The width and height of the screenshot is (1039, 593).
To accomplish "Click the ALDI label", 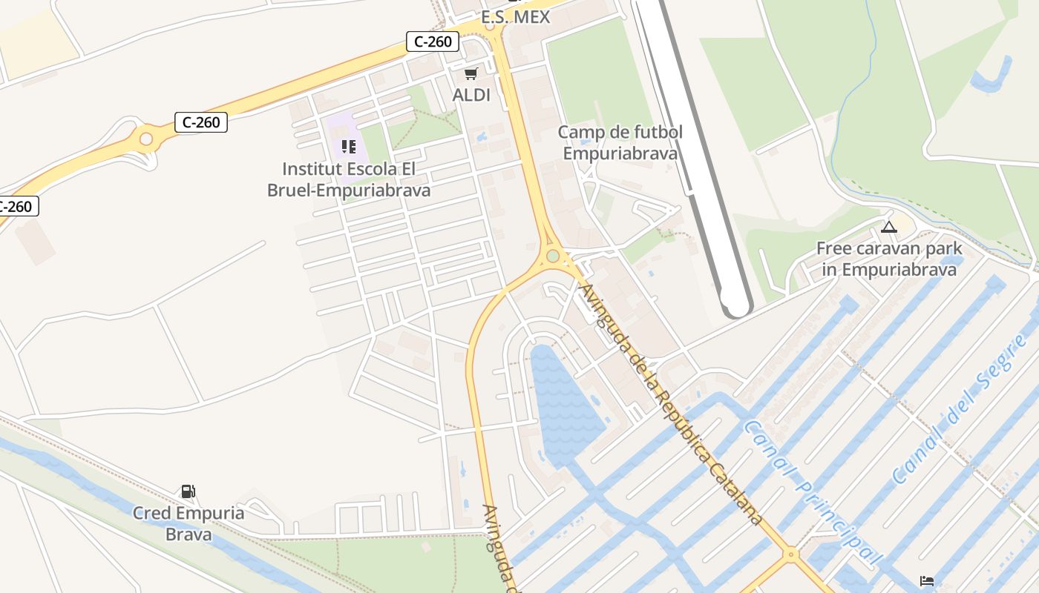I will pyautogui.click(x=471, y=95).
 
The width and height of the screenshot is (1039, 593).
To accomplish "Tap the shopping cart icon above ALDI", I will pyautogui.click(x=471, y=73).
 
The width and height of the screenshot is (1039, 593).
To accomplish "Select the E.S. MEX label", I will pyautogui.click(x=516, y=17).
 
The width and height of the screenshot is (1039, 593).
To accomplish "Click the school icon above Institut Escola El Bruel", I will pyautogui.click(x=349, y=147).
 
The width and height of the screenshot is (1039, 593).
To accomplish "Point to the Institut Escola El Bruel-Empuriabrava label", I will pyautogui.click(x=349, y=180).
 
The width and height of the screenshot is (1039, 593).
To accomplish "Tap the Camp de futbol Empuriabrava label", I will pyautogui.click(x=620, y=143).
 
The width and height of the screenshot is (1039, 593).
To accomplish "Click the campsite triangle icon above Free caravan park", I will pyautogui.click(x=889, y=227).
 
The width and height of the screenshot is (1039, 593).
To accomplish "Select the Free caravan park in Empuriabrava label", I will pyautogui.click(x=889, y=259).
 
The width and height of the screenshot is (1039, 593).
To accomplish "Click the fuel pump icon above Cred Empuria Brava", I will pyautogui.click(x=188, y=491).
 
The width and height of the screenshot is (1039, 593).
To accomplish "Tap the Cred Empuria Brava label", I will pyautogui.click(x=189, y=523).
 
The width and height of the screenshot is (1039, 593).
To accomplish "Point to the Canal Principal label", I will pyautogui.click(x=813, y=493).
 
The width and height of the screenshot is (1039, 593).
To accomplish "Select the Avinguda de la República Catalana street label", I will pyautogui.click(x=672, y=404).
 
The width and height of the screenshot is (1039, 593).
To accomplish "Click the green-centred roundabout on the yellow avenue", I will pyautogui.click(x=553, y=256).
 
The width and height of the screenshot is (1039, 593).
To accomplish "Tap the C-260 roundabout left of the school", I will pyautogui.click(x=146, y=139).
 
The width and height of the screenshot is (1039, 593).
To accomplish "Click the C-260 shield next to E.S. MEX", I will pyautogui.click(x=433, y=42).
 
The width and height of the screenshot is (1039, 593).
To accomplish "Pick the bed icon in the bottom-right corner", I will pyautogui.click(x=926, y=580).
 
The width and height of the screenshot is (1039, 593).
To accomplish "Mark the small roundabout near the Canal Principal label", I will pyautogui.click(x=791, y=553).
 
